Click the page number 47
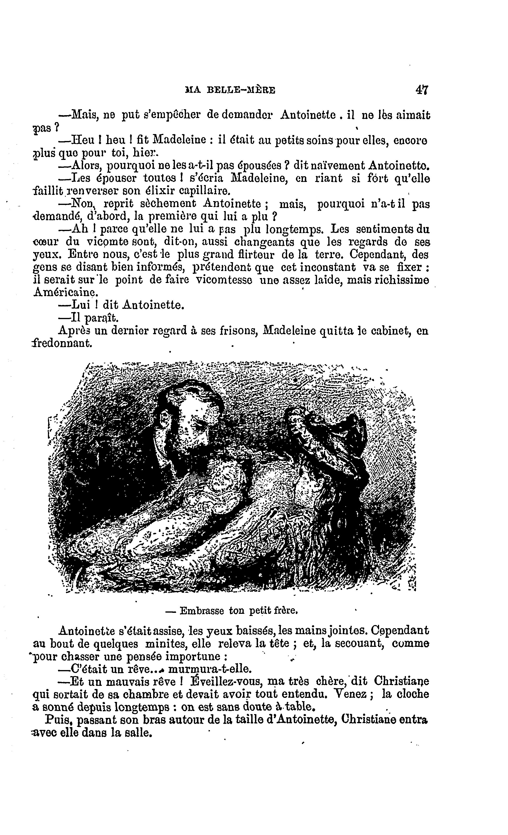pos(421,90)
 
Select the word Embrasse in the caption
pos(202,611)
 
